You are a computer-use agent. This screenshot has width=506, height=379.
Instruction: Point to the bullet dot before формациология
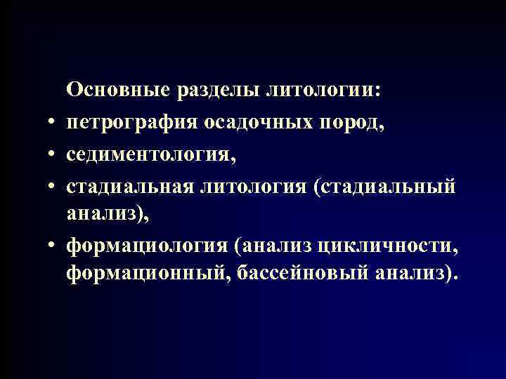click(53, 248)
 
